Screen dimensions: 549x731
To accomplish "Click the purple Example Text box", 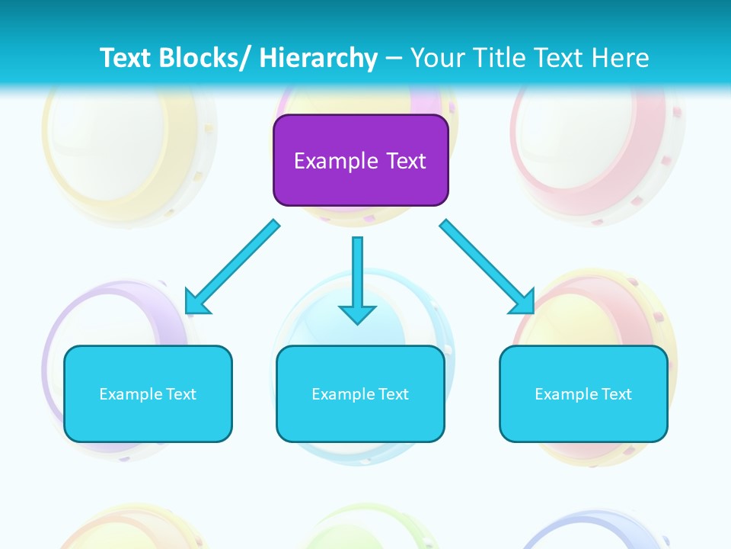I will [x=360, y=160].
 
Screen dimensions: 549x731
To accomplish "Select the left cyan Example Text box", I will [x=148, y=393].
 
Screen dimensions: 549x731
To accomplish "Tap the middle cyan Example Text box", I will [x=360, y=393].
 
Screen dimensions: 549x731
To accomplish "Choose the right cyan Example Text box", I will [x=583, y=393].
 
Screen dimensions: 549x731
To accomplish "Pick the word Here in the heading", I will [x=621, y=58].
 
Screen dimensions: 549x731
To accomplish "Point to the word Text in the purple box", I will [x=405, y=161].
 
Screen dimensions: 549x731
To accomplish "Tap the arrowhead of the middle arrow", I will [x=357, y=313].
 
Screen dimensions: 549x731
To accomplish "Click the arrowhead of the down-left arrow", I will [x=197, y=301].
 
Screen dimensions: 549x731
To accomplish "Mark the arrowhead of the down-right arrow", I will [x=522, y=301].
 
